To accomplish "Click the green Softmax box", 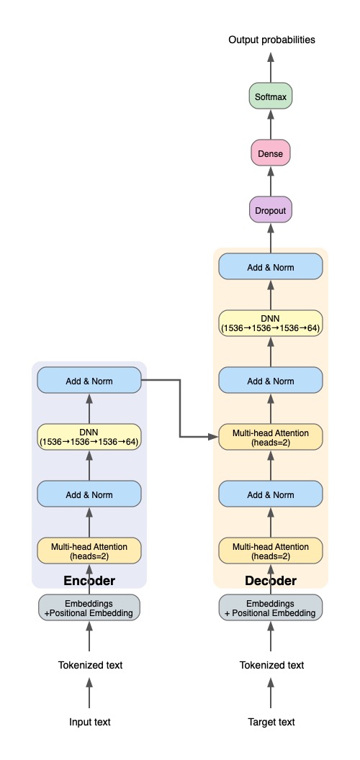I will (271, 96).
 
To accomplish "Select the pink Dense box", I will (271, 153).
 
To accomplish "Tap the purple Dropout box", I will (271, 211).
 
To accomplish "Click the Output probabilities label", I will (271, 40).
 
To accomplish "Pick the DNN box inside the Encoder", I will (89, 437).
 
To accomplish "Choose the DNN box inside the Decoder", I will (271, 323).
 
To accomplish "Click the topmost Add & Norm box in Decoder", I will (271, 266).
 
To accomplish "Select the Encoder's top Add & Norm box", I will (89, 380).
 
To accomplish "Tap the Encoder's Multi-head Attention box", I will (89, 551).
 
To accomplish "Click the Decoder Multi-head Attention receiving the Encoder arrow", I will (271, 437).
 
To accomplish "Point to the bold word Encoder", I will (89, 580).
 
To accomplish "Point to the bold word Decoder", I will (271, 580).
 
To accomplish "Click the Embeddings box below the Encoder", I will (89, 607).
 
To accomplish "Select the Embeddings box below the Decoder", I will (271, 607).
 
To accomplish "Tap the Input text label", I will (89, 722).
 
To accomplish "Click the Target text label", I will (271, 722).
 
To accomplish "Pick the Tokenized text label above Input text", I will (90, 665).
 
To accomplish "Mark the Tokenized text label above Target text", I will (271, 665).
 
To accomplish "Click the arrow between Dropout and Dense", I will (271, 182).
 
